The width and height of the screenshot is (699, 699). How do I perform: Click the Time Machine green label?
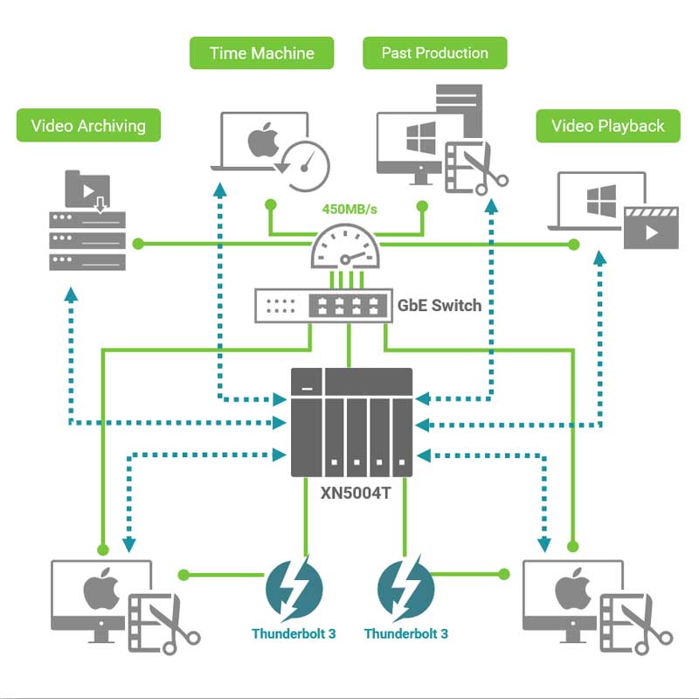point(262,53)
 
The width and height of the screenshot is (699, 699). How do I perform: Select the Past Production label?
point(434,53)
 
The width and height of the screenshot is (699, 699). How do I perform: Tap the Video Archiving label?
point(88,126)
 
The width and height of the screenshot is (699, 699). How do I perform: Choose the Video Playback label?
point(608,126)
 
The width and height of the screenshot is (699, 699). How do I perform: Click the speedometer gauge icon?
point(348,248)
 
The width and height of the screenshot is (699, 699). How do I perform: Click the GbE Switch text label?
point(439,305)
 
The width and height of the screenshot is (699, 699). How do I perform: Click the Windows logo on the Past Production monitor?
point(421,140)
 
